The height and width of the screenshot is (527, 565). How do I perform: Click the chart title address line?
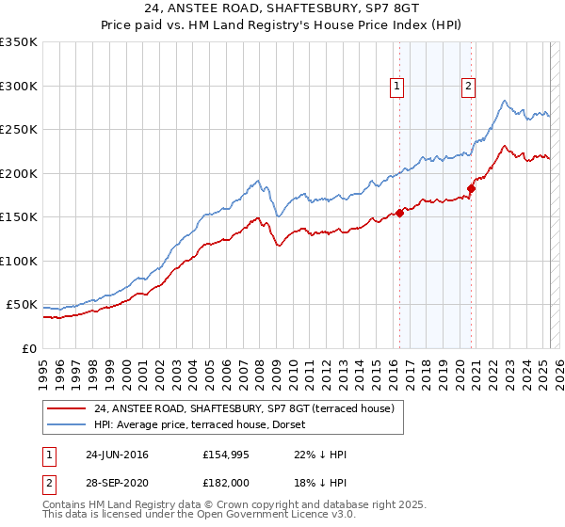282,8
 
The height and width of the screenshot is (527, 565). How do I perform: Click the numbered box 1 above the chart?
396,87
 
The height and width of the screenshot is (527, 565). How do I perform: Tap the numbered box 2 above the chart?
468,87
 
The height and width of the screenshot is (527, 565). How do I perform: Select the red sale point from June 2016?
399,213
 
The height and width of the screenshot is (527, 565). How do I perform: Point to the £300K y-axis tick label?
19,86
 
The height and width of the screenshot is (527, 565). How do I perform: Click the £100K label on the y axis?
19,261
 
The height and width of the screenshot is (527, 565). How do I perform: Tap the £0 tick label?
29,348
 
